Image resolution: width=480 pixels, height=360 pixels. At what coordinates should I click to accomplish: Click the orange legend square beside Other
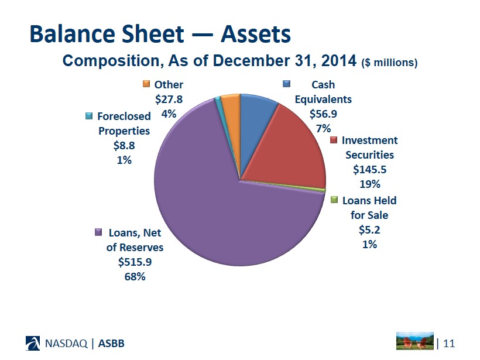click(147, 84)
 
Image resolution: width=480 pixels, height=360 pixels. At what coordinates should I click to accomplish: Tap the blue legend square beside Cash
click(287, 84)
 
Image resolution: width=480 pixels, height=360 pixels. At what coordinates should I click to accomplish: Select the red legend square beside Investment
click(334, 140)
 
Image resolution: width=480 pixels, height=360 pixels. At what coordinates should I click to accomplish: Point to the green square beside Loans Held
click(334, 200)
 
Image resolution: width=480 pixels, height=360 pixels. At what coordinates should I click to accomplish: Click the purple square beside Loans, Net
click(99, 232)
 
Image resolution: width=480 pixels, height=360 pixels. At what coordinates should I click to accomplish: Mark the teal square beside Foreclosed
click(88, 115)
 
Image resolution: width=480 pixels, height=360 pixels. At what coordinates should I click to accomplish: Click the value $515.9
click(135, 262)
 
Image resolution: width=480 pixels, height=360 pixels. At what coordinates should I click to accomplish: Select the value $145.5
click(369, 169)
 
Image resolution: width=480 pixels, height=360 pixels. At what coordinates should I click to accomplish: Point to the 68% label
click(135, 276)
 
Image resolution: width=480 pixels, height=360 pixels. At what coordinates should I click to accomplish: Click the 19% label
click(369, 184)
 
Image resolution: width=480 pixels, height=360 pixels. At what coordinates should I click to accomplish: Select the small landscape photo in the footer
click(415, 341)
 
